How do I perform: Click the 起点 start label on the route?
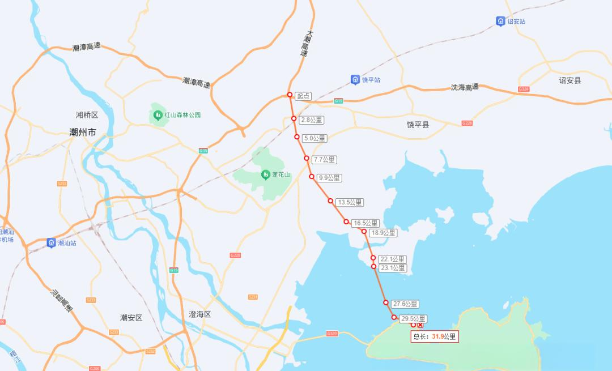pos(304,96)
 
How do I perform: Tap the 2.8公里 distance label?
pos(311,120)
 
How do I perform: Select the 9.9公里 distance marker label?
pos(329,178)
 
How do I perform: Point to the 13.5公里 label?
pos(349,202)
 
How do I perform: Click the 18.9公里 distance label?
pos(383,233)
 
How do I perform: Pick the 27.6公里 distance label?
pos(405,304)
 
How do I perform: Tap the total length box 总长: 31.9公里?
pos(435,336)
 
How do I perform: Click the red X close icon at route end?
pos(420,325)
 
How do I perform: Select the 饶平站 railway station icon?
pos(355,80)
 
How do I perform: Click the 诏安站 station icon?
pos(500,22)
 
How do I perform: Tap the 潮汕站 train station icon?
pos(51,243)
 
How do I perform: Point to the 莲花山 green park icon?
pos(265,175)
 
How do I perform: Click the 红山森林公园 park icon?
pos(158,115)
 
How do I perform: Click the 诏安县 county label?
pos(570,80)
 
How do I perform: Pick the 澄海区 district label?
pos(199,314)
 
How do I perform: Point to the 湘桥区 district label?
pos(87,115)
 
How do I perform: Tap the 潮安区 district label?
pos(131,318)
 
